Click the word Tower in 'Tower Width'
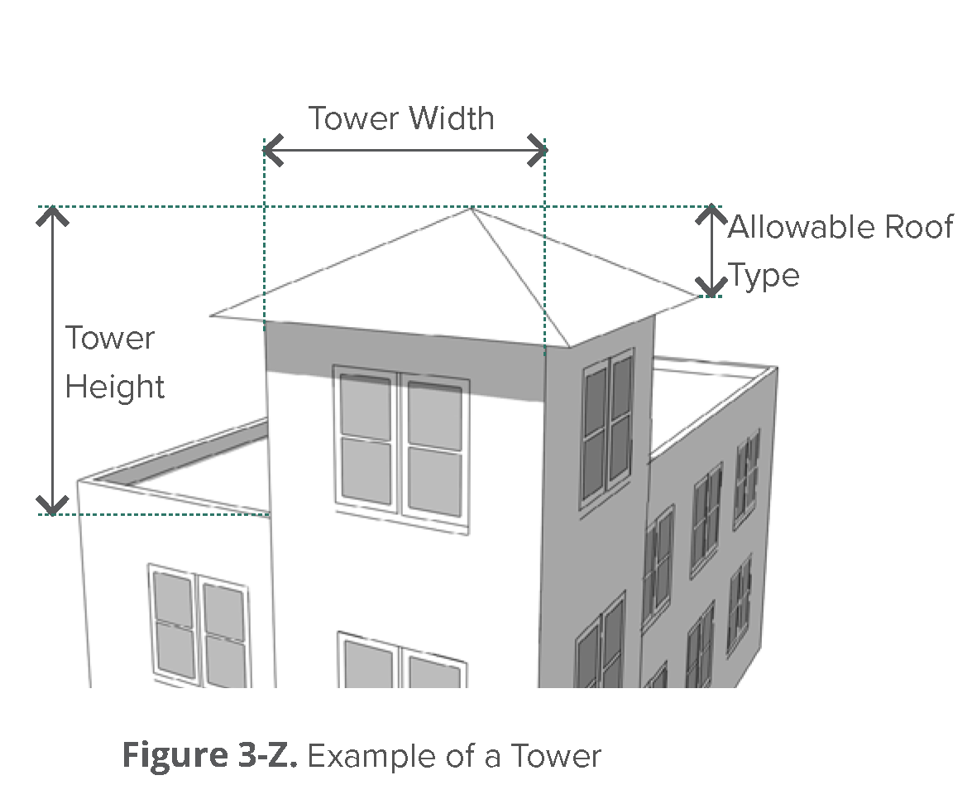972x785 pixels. coord(353,119)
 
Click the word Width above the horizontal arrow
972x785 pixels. coord(452,119)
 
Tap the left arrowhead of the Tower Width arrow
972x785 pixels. coord(270,151)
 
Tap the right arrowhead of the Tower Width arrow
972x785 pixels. coord(539,151)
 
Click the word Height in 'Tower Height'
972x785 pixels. coord(115,387)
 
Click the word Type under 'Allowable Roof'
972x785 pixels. coord(764,275)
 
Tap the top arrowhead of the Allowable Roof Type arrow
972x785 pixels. coord(711,213)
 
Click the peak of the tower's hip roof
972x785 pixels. coord(470,208)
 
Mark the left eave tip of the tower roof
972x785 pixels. coord(212,315)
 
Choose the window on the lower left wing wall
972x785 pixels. coord(199,626)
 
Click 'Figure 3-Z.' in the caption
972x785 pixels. coord(210,756)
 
